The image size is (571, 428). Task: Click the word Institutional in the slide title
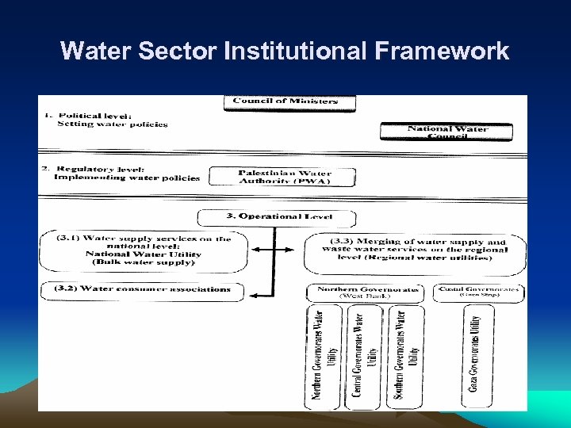(296, 52)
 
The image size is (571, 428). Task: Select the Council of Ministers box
(289, 101)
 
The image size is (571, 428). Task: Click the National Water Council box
(446, 132)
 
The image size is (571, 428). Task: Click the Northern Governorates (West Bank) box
(366, 292)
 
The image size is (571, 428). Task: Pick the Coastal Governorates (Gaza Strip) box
(480, 292)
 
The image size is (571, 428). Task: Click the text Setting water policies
(112, 124)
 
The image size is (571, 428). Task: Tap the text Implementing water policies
(127, 178)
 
